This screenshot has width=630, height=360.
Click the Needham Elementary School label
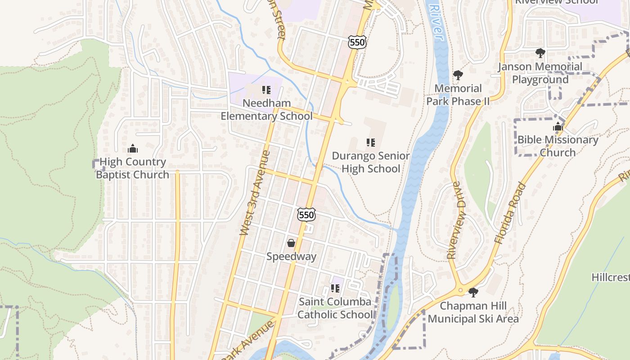[266, 110]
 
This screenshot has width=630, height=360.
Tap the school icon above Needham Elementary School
[266, 90]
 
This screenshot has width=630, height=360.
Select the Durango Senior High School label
[371, 162]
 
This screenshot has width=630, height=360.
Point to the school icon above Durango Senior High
[371, 143]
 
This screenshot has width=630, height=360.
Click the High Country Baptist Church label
[133, 168]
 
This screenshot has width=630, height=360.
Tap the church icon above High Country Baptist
[133, 148]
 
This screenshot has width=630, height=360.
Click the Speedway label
[291, 256]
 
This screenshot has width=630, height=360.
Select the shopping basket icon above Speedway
[291, 243]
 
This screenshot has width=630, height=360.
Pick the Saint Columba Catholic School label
[335, 308]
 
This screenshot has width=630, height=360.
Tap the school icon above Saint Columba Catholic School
[335, 288]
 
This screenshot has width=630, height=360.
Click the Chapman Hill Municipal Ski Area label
[473, 312]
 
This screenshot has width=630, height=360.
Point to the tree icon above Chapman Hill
[473, 292]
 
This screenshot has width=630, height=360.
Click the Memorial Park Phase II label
[458, 94]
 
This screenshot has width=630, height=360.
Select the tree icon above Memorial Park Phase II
[458, 75]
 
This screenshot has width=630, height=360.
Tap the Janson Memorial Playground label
[540, 73]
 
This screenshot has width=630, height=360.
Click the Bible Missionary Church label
[558, 146]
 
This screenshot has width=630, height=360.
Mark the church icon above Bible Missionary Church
[558, 126]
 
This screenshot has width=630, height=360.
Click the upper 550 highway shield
[357, 42]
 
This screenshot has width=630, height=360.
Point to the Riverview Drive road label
[455, 220]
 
